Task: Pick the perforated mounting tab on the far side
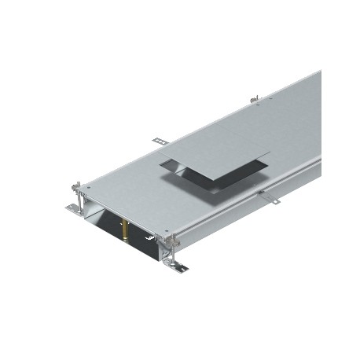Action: (160, 141)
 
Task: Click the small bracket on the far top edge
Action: (254, 99)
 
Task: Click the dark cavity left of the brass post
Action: (110, 225)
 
